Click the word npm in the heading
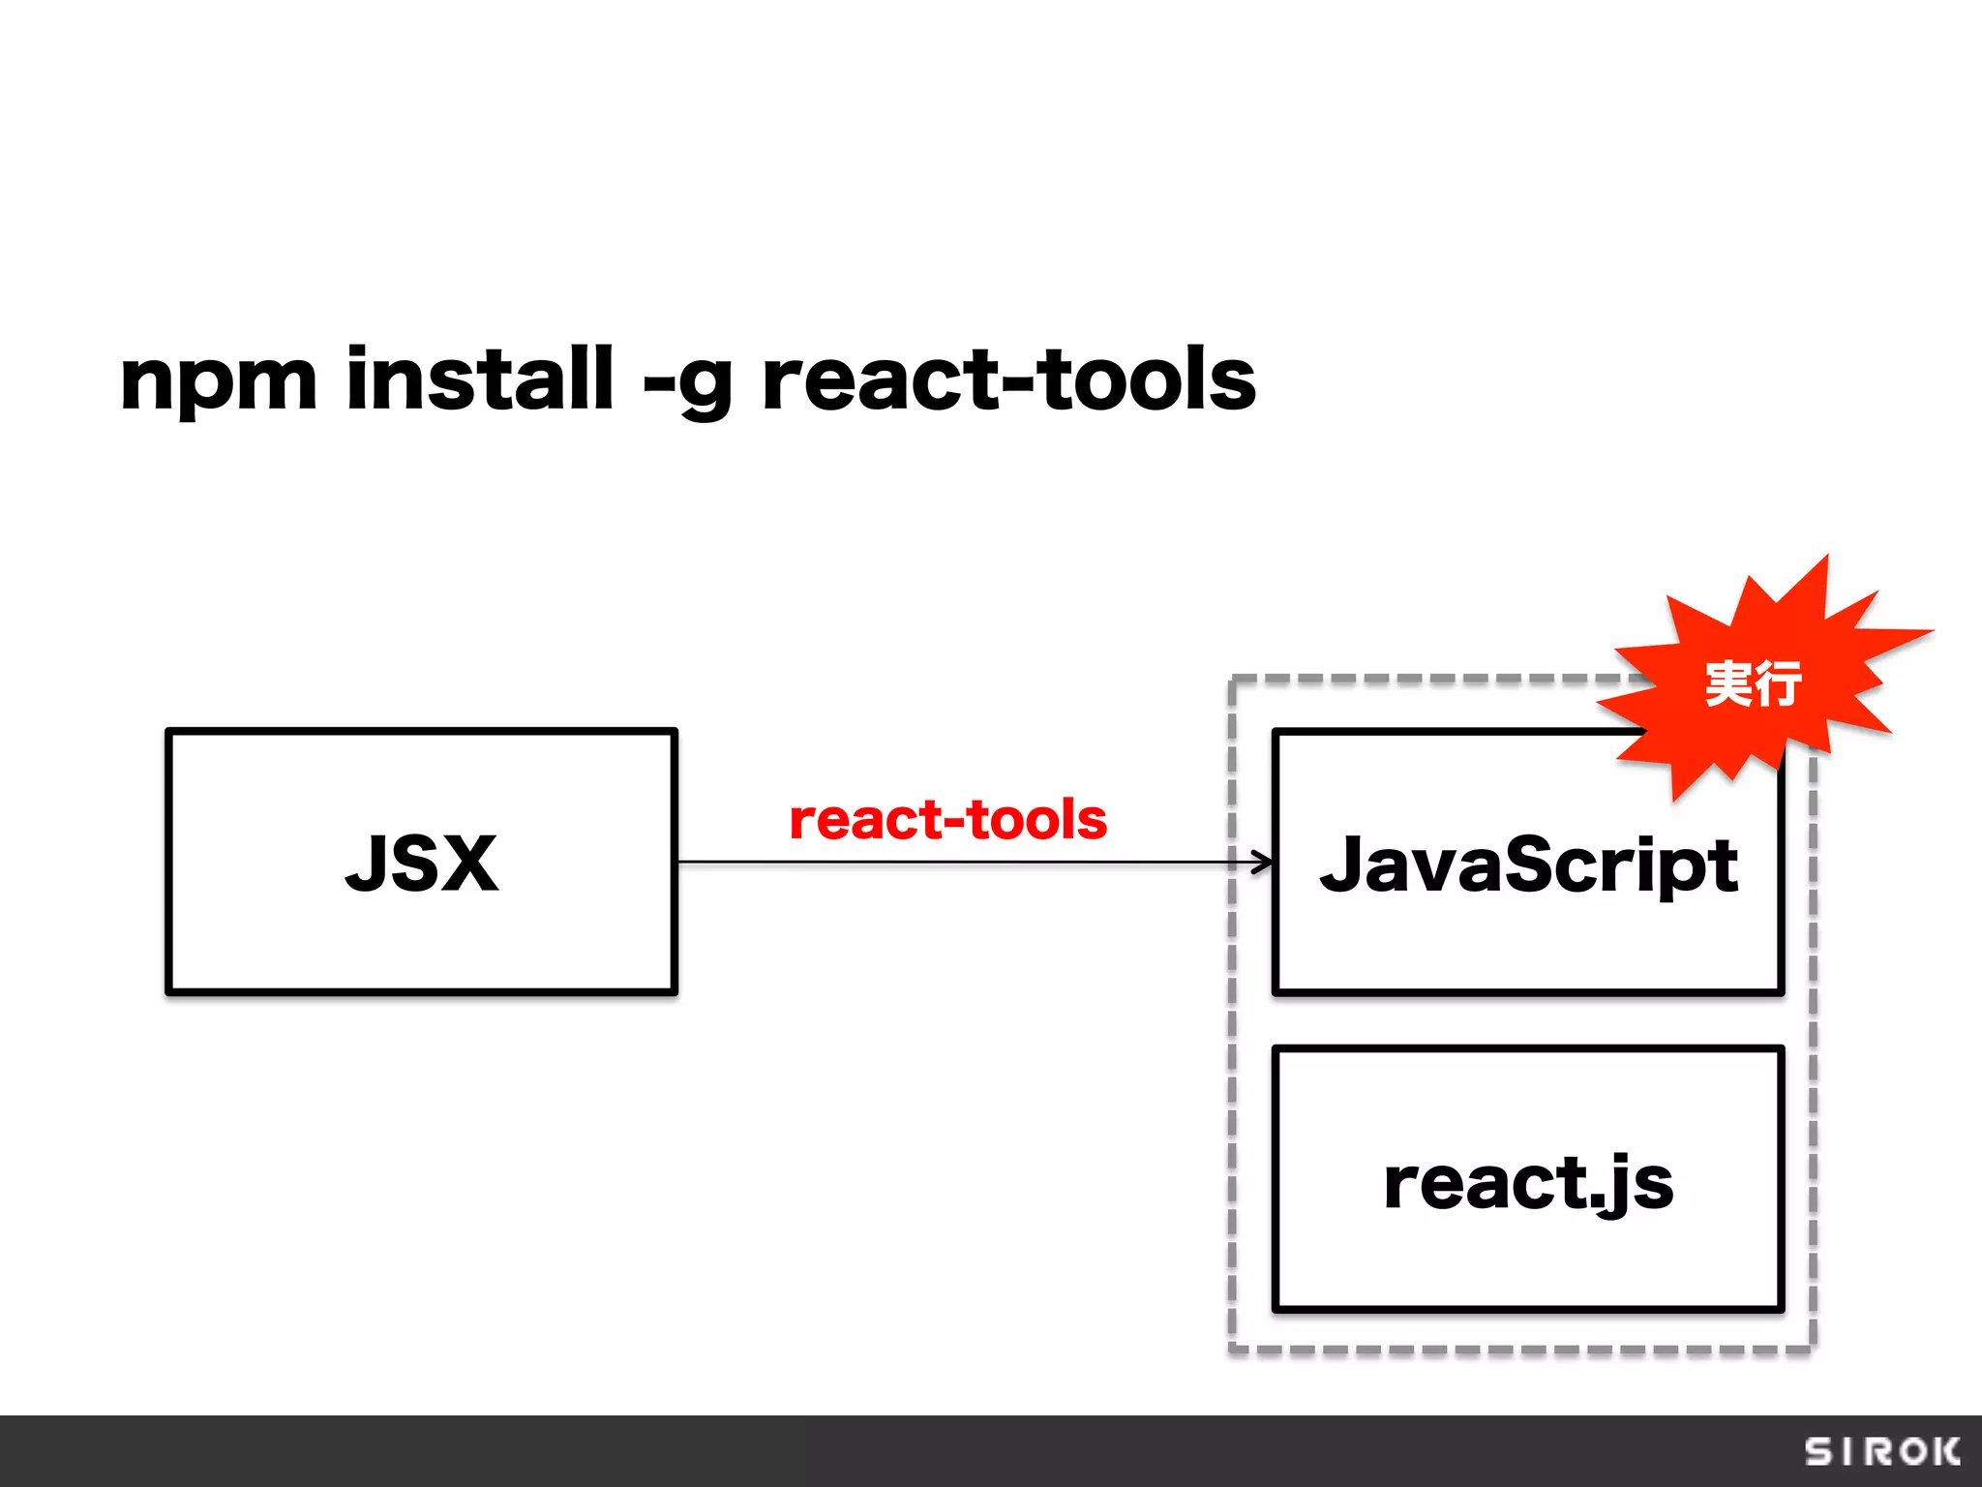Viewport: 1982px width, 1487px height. [219, 381]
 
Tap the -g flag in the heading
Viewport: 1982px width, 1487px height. [687, 381]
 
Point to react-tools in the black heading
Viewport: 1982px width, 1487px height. [1008, 379]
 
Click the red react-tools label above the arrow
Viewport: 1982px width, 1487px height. [947, 820]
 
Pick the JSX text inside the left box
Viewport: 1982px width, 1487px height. [422, 863]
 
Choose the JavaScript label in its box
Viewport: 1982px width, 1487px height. [1528, 865]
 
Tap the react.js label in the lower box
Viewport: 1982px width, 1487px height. [1528, 1182]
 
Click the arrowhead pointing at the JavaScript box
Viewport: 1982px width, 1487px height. [1263, 862]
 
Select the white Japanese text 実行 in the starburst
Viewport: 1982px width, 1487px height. [1753, 683]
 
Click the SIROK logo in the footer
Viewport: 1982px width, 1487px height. [1882, 1451]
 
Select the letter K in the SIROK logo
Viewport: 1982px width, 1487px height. [1943, 1451]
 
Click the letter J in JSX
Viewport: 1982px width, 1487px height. [367, 863]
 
